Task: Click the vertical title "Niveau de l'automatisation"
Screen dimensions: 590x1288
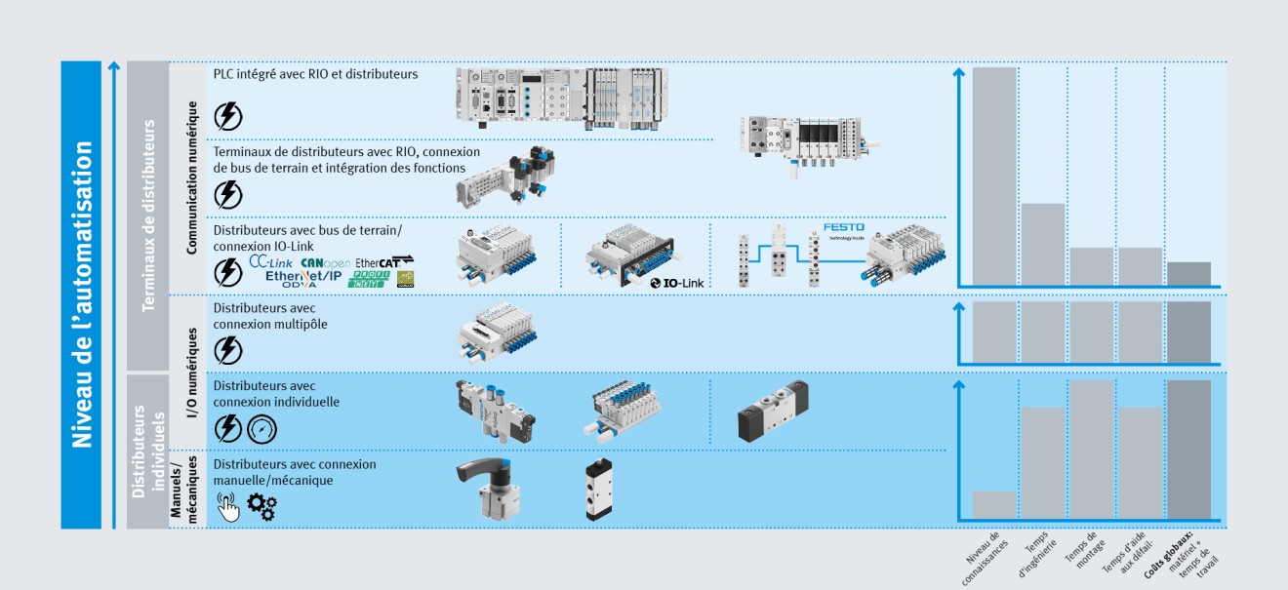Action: pyautogui.click(x=83, y=295)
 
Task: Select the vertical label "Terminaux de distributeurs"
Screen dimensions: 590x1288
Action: pyautogui.click(x=149, y=216)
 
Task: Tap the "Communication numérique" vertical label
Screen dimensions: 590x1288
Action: pyautogui.click(x=192, y=177)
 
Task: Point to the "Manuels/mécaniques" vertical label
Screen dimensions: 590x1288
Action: pyautogui.click(x=183, y=490)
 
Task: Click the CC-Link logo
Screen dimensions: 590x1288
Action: pyautogui.click(x=270, y=262)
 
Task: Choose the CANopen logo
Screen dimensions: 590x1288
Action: pyautogui.click(x=325, y=262)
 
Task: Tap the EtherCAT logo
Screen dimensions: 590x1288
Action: pyautogui.click(x=383, y=262)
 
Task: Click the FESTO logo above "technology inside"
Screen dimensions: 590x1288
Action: pyautogui.click(x=843, y=227)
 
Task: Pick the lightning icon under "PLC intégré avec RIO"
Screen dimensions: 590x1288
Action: pyautogui.click(x=227, y=116)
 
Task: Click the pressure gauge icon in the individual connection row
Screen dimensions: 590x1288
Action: pyautogui.click(x=262, y=428)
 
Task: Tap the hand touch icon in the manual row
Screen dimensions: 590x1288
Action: pyautogui.click(x=227, y=507)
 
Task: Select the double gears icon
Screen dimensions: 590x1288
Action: pyautogui.click(x=262, y=506)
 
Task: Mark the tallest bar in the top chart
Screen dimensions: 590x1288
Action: pyautogui.click(x=993, y=176)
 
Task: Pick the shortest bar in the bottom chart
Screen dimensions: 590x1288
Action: pyautogui.click(x=993, y=504)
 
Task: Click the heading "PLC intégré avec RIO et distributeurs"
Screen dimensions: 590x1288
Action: pyautogui.click(x=315, y=74)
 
